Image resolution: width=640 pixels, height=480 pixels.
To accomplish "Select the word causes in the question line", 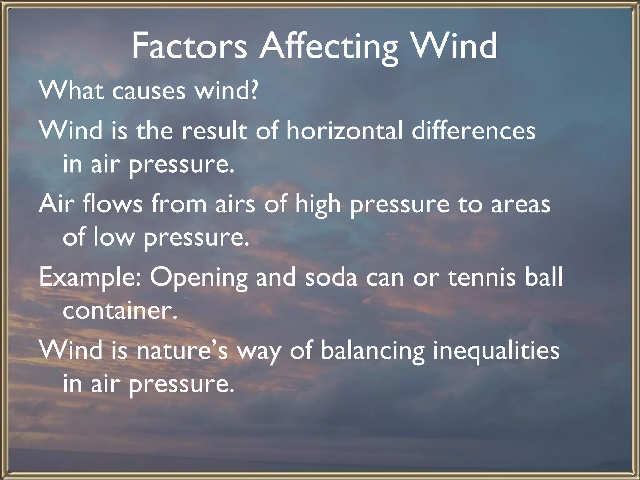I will click(149, 91).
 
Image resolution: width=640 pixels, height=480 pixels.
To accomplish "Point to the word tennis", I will click(482, 277).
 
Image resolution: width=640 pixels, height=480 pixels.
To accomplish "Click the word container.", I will click(120, 311).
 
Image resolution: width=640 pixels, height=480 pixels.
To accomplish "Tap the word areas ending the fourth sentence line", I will click(521, 204).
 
